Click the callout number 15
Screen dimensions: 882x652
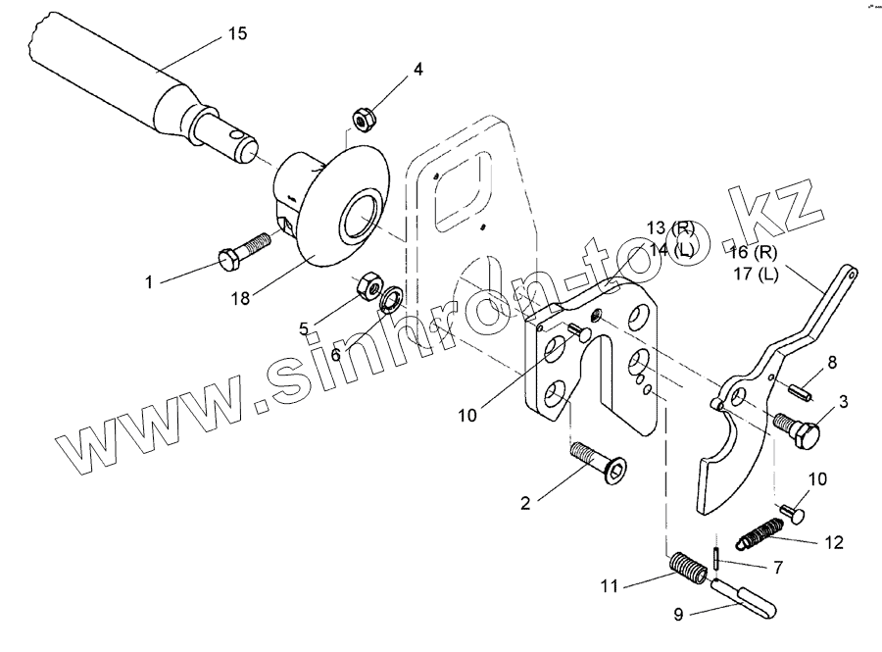pyautogui.click(x=237, y=33)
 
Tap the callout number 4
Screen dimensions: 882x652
pyautogui.click(x=417, y=70)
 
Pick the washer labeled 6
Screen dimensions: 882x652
pyautogui.click(x=390, y=298)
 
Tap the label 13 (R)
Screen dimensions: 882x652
pyautogui.click(x=670, y=228)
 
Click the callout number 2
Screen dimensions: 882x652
pyautogui.click(x=526, y=504)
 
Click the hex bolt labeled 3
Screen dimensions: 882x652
pyautogui.click(x=796, y=428)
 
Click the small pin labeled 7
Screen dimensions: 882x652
pyautogui.click(x=717, y=561)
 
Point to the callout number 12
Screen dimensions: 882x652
pyautogui.click(x=832, y=542)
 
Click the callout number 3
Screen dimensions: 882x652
pyautogui.click(x=842, y=401)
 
